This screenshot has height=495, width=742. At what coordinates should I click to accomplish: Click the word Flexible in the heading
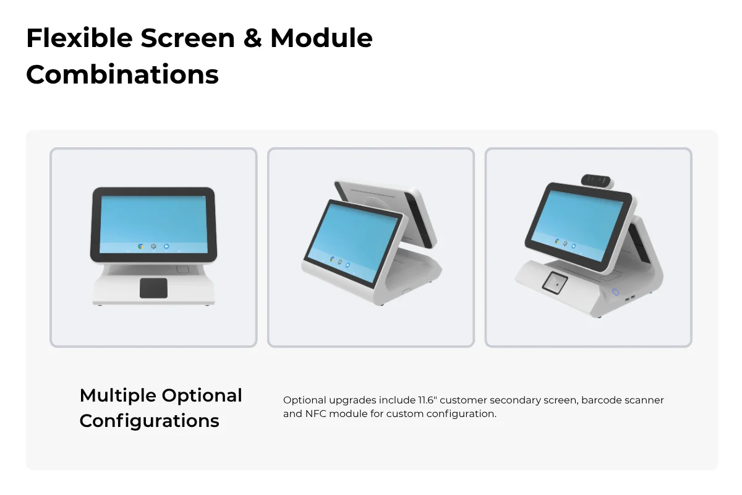[x=80, y=38]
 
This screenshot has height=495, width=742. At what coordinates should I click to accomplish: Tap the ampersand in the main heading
[x=252, y=38]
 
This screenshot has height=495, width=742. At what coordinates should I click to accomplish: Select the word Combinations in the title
[x=122, y=75]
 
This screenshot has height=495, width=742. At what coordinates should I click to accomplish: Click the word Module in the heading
[x=322, y=38]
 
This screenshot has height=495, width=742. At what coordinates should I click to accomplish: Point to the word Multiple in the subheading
[x=118, y=395]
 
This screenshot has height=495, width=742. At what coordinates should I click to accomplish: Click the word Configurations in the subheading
[x=150, y=421]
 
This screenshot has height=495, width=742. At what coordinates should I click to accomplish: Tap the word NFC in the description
[x=316, y=414]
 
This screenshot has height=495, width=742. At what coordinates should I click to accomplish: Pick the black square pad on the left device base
[x=153, y=288]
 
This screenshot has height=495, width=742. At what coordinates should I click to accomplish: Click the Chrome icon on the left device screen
[x=141, y=246]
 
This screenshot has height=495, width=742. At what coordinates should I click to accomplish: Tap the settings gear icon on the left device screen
[x=153, y=246]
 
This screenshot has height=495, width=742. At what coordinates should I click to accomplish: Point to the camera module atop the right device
[x=596, y=180]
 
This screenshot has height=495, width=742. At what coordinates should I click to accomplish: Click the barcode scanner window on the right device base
[x=555, y=283]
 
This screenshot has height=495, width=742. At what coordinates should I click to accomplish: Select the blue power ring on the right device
[x=615, y=292]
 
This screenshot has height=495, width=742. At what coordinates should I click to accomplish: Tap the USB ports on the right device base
[x=629, y=298]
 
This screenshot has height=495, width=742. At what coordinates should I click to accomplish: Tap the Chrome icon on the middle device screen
[x=332, y=259]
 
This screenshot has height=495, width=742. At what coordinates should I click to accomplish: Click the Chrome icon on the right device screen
[x=557, y=242]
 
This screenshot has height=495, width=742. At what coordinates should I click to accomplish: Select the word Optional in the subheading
[x=202, y=395]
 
